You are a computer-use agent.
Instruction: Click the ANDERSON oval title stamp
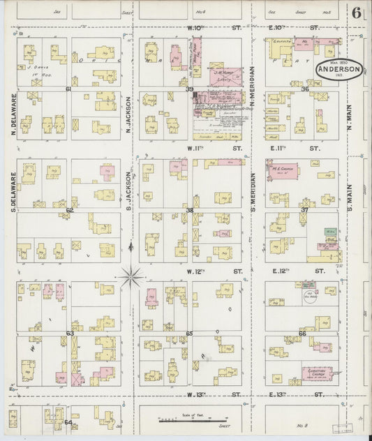pyautogui.click(x=338, y=70)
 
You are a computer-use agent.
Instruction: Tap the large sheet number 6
pyautogui.click(x=357, y=12)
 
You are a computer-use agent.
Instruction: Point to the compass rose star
pyautogui.click(x=131, y=277)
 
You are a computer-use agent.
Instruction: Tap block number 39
pyautogui.click(x=189, y=89)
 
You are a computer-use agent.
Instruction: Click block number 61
pyautogui.click(x=68, y=89)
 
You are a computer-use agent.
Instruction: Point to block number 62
pyautogui.click(x=69, y=210)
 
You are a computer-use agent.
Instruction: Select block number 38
pyautogui.click(x=189, y=210)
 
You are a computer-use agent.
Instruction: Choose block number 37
pyautogui.click(x=304, y=210)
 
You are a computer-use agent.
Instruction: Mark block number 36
pyautogui.click(x=304, y=89)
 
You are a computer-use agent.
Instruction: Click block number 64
pyautogui.click(x=68, y=422)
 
